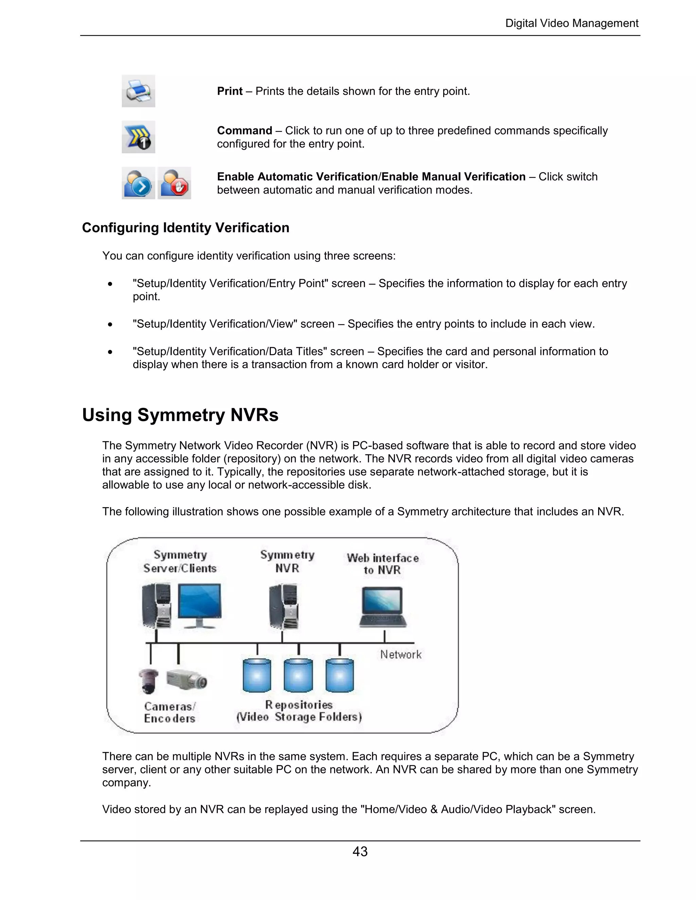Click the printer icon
pos(138,91)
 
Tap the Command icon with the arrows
pos(138,137)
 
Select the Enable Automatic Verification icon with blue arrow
pos(138,183)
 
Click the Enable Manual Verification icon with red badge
pos(174,183)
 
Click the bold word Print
pos(230,91)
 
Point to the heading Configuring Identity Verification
pos(186,228)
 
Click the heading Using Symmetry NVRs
pos(180,415)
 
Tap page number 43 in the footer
pos(360,851)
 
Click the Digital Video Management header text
pos(572,23)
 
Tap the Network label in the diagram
pos(401,654)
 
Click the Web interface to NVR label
pos(383,564)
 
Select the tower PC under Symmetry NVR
pos(284,607)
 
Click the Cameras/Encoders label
pos(170,713)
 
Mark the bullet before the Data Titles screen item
pos(110,352)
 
